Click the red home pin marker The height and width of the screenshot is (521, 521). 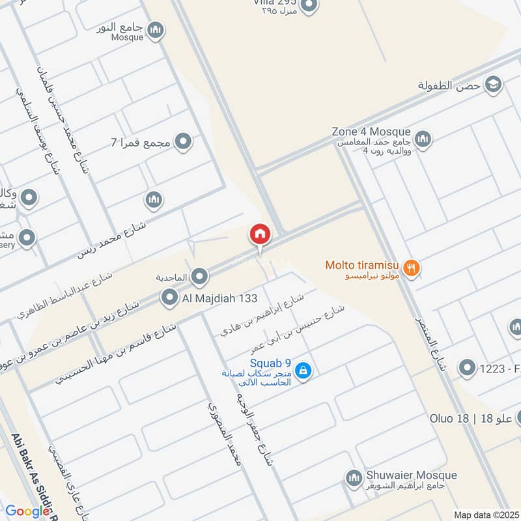(x=259, y=234)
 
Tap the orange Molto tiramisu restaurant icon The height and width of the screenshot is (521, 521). (x=411, y=266)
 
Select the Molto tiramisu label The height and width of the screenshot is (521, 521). (x=362, y=265)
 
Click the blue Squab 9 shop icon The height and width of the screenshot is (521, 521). (x=302, y=371)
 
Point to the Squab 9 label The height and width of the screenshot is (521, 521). (x=270, y=363)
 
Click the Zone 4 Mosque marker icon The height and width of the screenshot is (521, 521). (x=423, y=139)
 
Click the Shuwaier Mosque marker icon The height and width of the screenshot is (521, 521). (x=354, y=479)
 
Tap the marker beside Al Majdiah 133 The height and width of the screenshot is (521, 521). (x=170, y=298)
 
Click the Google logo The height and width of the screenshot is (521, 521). (x=28, y=511)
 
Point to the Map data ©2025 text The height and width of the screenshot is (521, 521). (x=485, y=515)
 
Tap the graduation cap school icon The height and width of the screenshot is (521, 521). (x=494, y=84)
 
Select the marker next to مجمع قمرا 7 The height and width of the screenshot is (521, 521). (x=184, y=141)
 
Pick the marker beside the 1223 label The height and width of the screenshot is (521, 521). (x=466, y=369)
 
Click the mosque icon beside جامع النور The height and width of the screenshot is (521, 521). (x=155, y=29)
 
